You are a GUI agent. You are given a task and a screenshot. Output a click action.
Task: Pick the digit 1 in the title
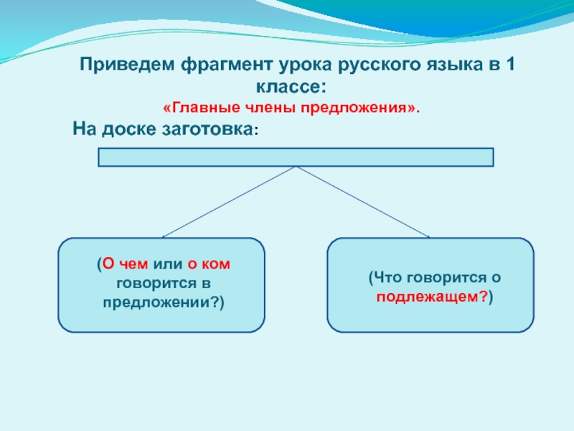point(509,65)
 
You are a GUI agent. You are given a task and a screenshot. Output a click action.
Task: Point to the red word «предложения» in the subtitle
point(359,108)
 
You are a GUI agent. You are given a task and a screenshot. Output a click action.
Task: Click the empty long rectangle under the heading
point(296,157)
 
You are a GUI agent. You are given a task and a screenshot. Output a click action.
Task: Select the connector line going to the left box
point(230,201)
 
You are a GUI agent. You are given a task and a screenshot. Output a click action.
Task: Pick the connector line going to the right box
point(363,201)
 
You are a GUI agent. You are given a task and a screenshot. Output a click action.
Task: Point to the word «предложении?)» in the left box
point(161,302)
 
